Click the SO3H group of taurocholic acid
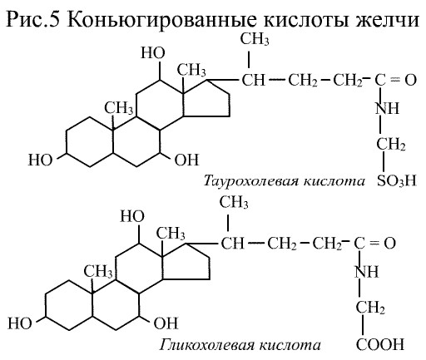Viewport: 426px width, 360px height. click(x=397, y=180)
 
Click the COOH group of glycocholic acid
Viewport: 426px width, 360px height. click(x=380, y=344)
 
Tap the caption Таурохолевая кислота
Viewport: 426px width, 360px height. click(x=285, y=181)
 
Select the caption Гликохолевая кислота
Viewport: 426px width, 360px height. click(x=240, y=345)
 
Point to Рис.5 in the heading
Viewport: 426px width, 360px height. click(x=33, y=20)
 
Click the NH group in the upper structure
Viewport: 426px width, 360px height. click(x=388, y=108)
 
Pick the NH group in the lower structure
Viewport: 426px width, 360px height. click(x=367, y=271)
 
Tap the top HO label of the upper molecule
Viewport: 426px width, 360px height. click(x=153, y=52)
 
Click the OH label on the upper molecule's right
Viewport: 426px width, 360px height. click(x=186, y=160)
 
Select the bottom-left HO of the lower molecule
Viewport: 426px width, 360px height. click(x=20, y=323)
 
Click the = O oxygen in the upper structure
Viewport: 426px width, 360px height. click(x=410, y=80)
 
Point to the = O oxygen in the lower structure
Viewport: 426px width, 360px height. click(x=389, y=244)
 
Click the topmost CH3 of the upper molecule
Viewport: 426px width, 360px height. click(x=255, y=39)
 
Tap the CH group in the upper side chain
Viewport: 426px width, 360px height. click(x=254, y=80)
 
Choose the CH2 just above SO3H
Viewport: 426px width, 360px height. click(x=391, y=144)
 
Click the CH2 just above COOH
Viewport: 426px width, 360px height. click(x=370, y=308)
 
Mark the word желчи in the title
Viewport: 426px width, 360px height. click(x=388, y=20)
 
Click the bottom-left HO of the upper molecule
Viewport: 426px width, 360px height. click(x=41, y=160)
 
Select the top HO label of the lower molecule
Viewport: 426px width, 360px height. click(x=132, y=216)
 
